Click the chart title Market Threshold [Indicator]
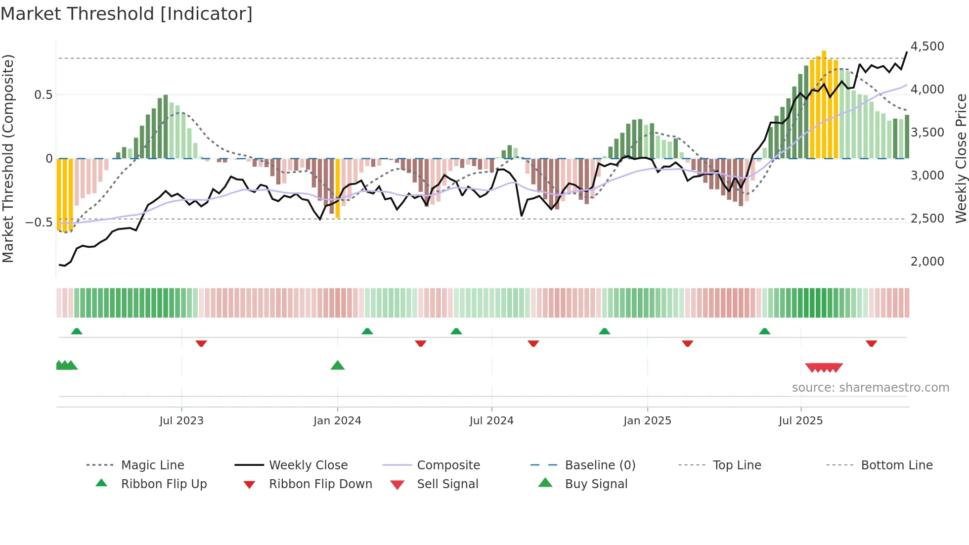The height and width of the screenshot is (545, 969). pos(127,14)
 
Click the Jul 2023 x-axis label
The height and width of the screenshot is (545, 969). pos(181,421)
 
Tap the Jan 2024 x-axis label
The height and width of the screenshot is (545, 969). pos(337,421)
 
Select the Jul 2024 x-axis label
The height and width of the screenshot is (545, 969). pos(491,421)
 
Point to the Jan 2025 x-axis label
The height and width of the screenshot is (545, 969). pos(647,421)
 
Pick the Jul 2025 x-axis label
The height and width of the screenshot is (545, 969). pos(800,421)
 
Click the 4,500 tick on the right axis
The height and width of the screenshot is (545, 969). pos(927,46)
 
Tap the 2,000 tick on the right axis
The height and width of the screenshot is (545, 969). pos(927,262)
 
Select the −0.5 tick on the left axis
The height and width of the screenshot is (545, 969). pos(39,222)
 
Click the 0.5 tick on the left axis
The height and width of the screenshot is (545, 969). pos(43,95)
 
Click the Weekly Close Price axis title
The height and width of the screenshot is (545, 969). pos(961,158)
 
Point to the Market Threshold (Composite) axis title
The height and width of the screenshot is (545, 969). pos(8,158)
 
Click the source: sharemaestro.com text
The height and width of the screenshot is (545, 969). pos(870,388)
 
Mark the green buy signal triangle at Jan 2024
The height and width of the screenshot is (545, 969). pos(338,365)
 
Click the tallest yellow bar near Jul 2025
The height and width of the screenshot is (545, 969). pos(824,104)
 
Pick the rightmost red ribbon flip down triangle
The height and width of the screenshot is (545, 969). pos(871,343)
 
